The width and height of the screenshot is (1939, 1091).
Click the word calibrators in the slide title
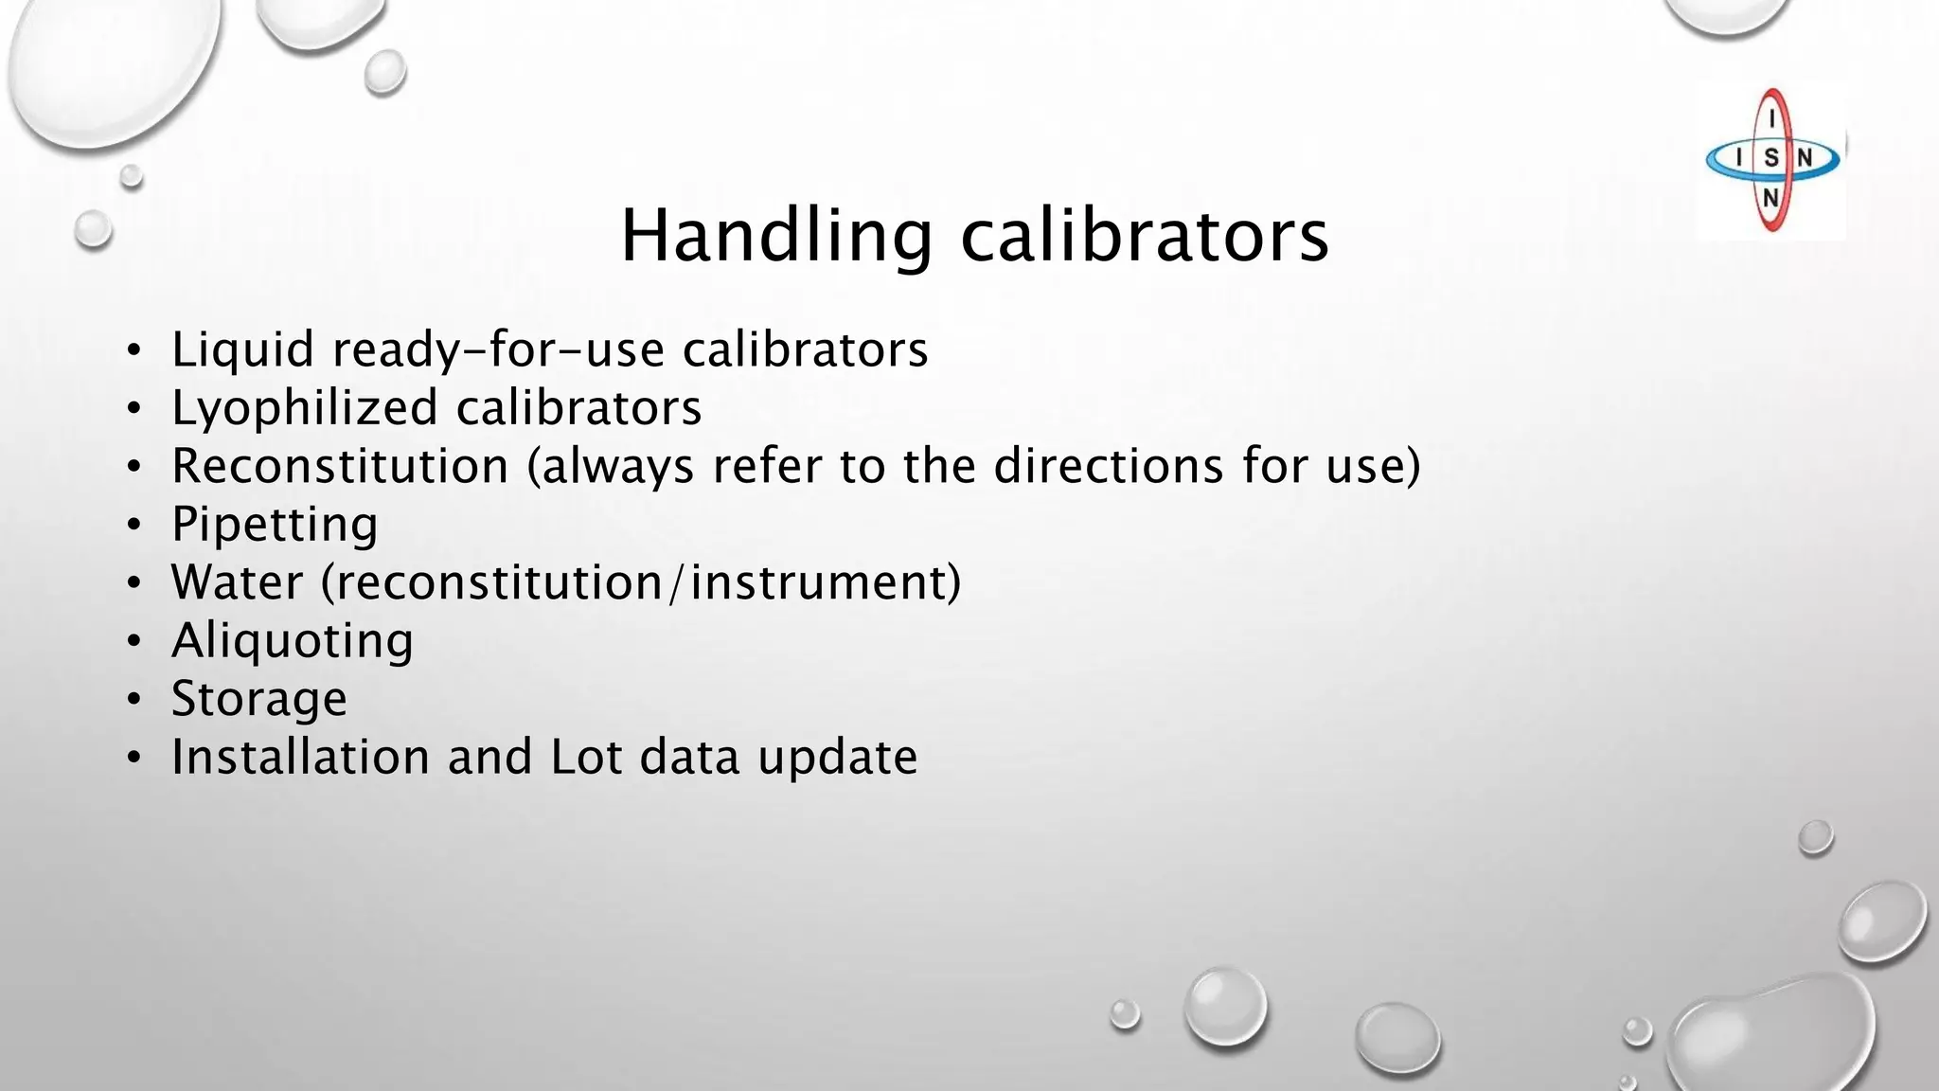pos(1145,237)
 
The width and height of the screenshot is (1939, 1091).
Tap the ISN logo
pos(1770,160)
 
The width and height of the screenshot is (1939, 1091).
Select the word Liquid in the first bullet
pos(242,350)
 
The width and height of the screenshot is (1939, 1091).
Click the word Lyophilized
pos(304,409)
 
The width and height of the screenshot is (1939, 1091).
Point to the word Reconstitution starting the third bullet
pos(340,466)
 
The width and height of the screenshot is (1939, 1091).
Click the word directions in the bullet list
pos(1109,466)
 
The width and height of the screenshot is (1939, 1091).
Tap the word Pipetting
pos(275,525)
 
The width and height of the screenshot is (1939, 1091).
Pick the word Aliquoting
pos(292,641)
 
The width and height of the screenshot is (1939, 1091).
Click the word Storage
pos(258,700)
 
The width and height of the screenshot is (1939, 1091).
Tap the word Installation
pos(300,758)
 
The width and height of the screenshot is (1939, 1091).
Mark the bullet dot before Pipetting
pos(134,526)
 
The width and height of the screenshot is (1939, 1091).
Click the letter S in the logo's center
pos(1770,158)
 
